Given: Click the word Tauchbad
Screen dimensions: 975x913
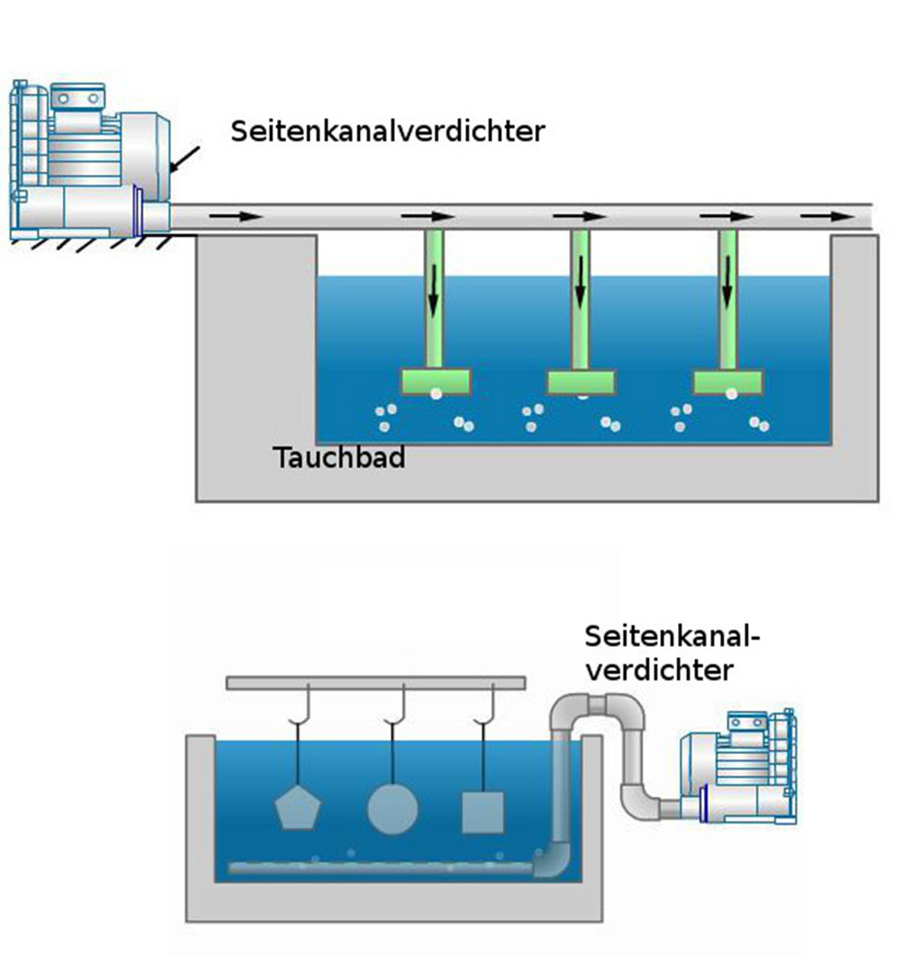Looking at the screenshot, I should point(339,458).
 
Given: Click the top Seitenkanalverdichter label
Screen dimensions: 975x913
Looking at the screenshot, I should point(388,131).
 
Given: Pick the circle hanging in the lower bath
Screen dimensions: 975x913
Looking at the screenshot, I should point(393,808).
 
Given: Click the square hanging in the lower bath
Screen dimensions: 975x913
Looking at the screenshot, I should point(483,812).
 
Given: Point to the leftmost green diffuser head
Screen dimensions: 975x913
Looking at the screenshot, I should point(435,382).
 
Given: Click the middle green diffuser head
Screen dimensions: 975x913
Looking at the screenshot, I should point(581,382).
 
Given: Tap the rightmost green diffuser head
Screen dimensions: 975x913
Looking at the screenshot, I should point(727,382).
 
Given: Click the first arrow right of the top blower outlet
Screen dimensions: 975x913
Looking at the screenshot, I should point(235,216).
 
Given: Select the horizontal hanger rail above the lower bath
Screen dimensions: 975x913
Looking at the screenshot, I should point(375,683).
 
